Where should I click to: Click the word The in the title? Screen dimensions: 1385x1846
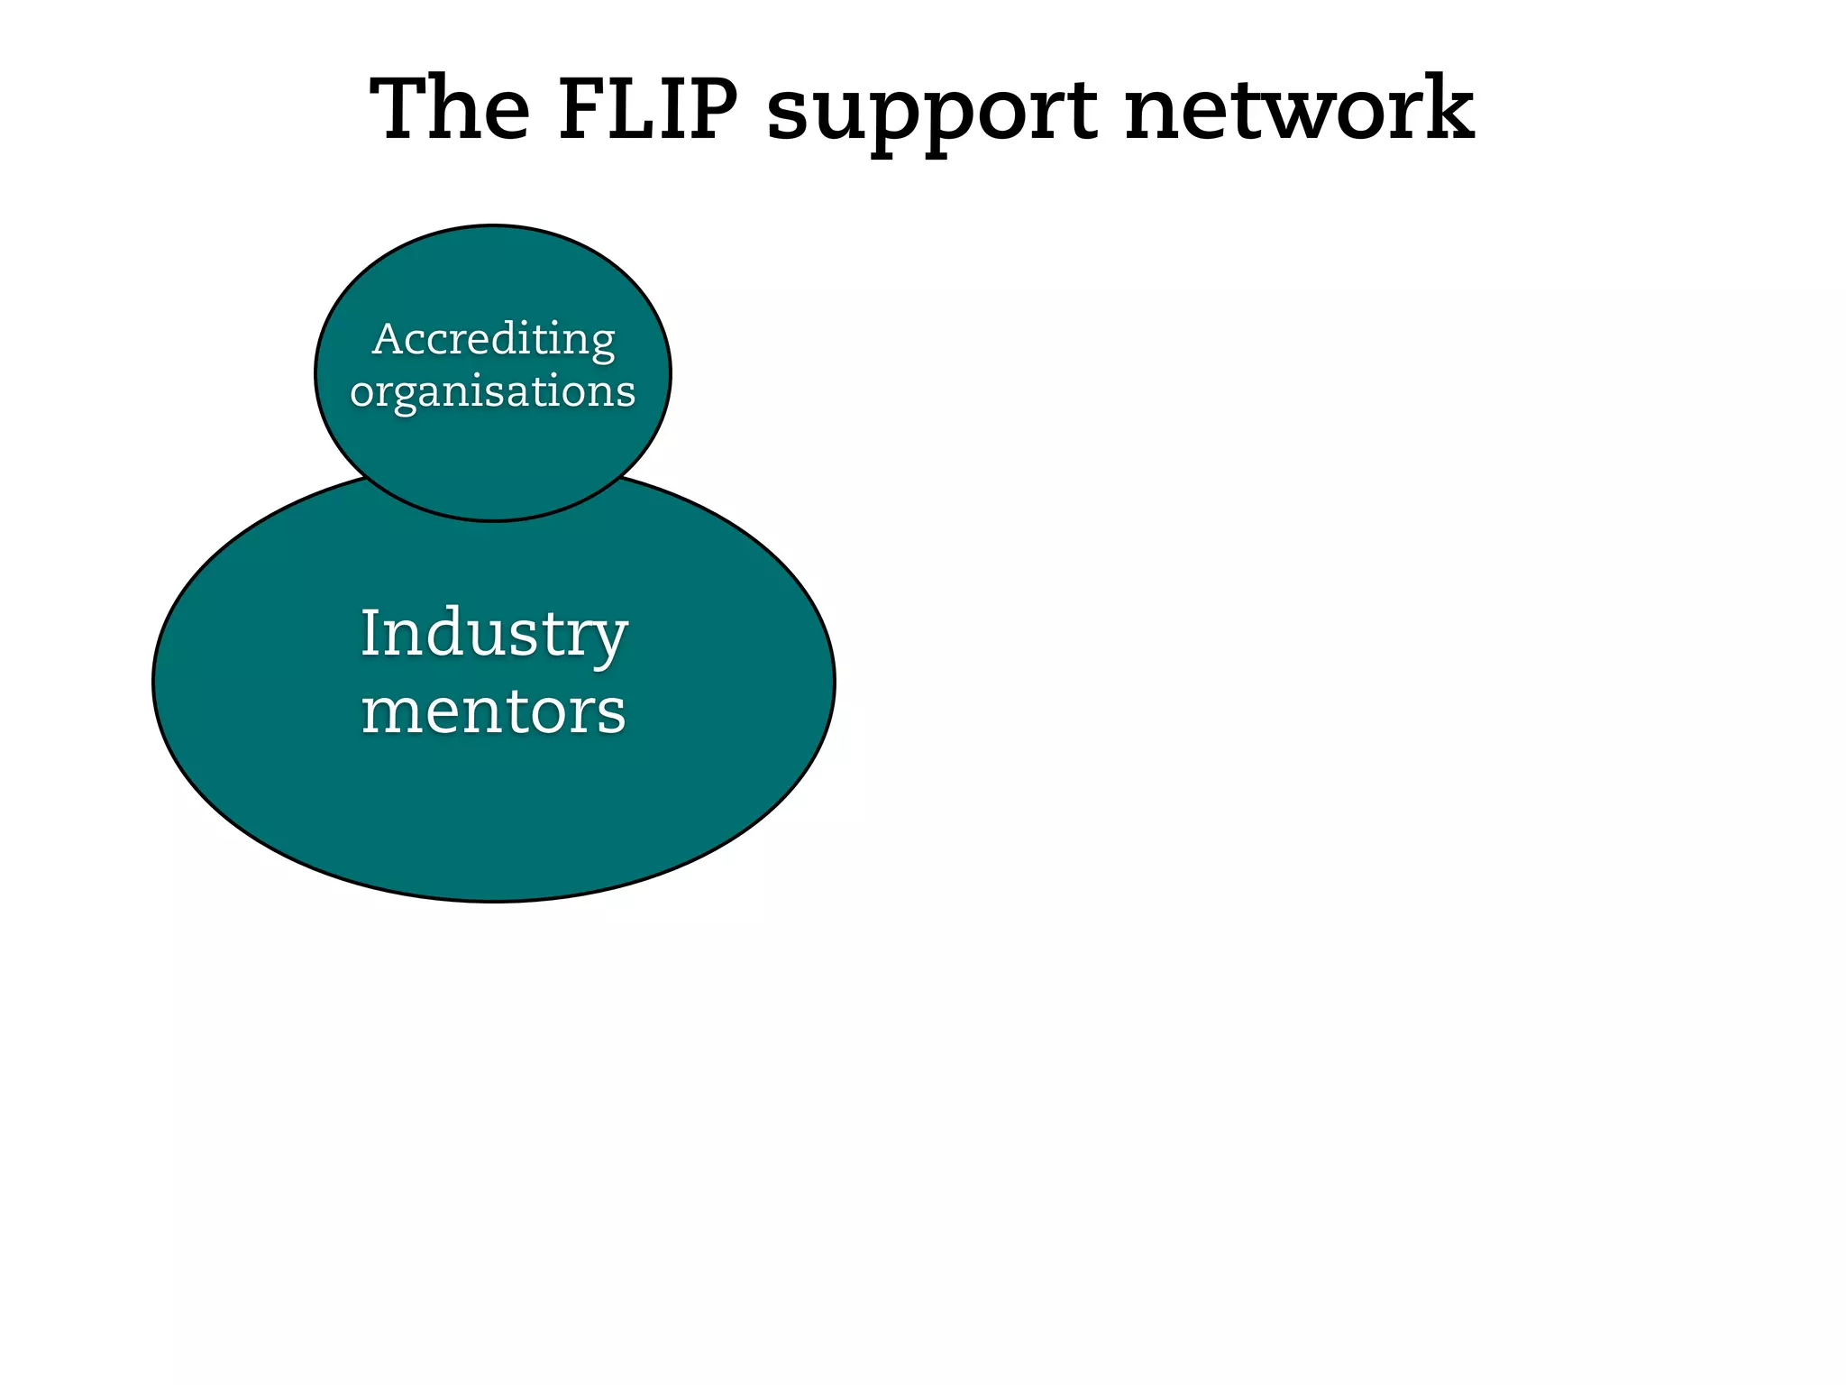(451, 109)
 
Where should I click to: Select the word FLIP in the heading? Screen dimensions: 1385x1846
(648, 109)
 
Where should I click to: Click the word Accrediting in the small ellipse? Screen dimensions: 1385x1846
(493, 341)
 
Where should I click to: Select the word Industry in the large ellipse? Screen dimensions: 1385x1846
(494, 634)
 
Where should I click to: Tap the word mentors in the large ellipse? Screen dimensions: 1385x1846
(494, 711)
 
